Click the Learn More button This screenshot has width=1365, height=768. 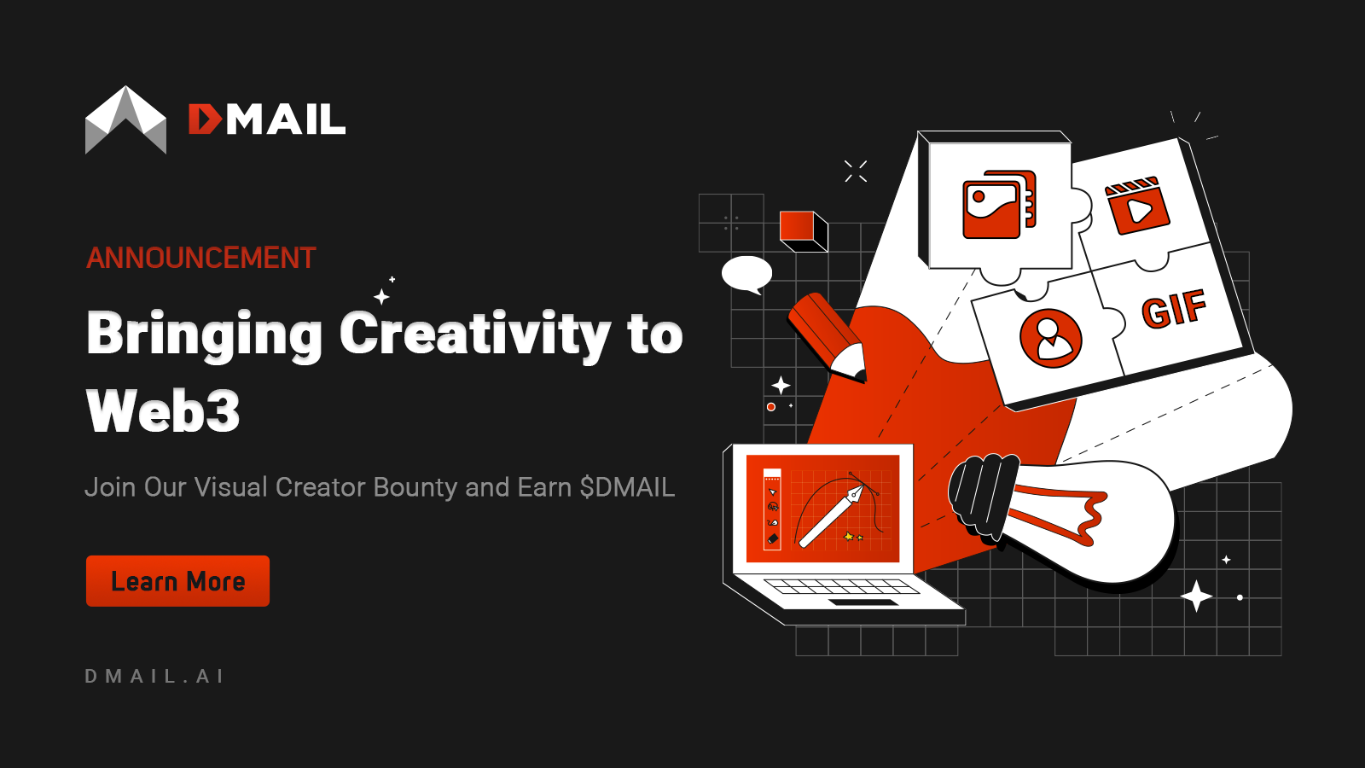177,581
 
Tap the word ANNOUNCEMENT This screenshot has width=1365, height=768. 201,258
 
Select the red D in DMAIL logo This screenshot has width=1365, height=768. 205,119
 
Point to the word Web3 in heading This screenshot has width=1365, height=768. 163,411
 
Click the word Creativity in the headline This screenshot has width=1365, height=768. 475,334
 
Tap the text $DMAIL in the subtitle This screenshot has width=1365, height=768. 627,487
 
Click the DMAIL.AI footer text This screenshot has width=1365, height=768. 154,676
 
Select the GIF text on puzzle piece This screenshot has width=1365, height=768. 1174,309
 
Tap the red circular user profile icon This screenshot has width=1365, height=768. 1051,338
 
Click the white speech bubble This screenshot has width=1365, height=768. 746,274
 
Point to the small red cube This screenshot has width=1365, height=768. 803,230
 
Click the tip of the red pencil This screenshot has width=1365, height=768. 856,368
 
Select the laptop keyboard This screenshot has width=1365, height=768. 840,586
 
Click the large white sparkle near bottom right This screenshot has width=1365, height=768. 1196,596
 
